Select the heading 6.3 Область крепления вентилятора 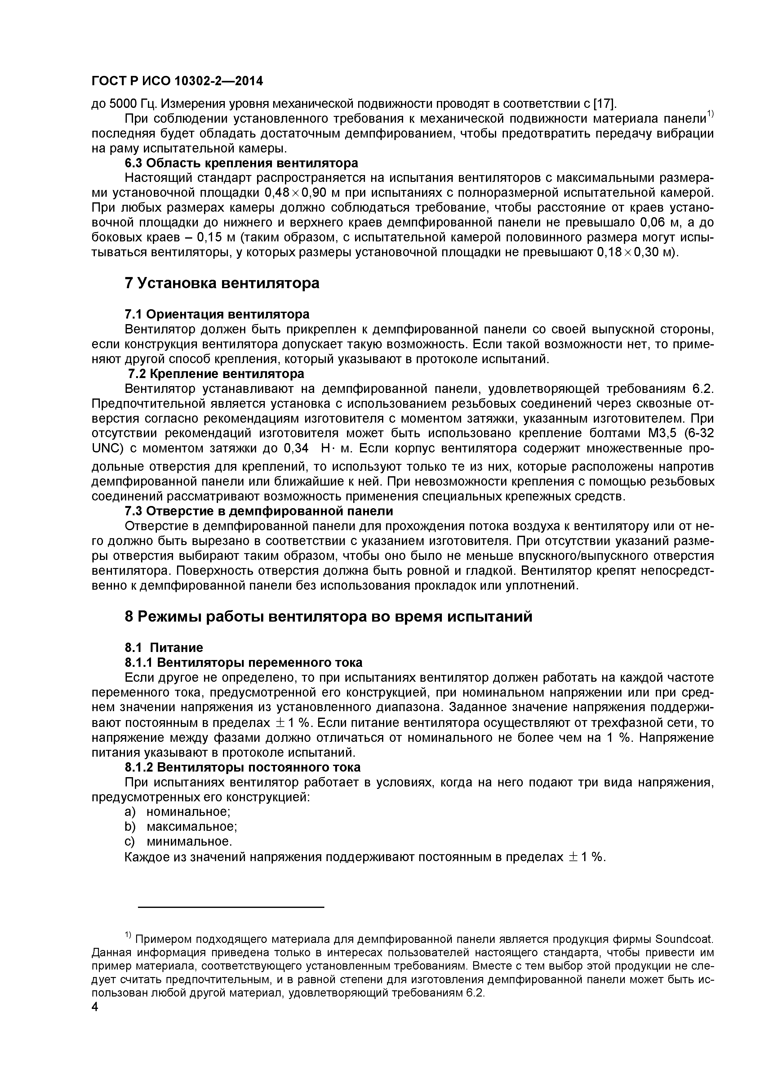pyautogui.click(x=241, y=163)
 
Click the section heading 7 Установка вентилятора pyautogui.click(x=222, y=284)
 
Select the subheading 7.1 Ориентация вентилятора pyautogui.click(x=216, y=314)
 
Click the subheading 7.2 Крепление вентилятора pyautogui.click(x=216, y=373)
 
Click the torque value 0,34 pyautogui.click(x=296, y=448)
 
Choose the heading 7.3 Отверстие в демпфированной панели pyautogui.click(x=258, y=511)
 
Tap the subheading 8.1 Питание pyautogui.click(x=163, y=647)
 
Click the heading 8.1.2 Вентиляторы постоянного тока pyautogui.click(x=242, y=767)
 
